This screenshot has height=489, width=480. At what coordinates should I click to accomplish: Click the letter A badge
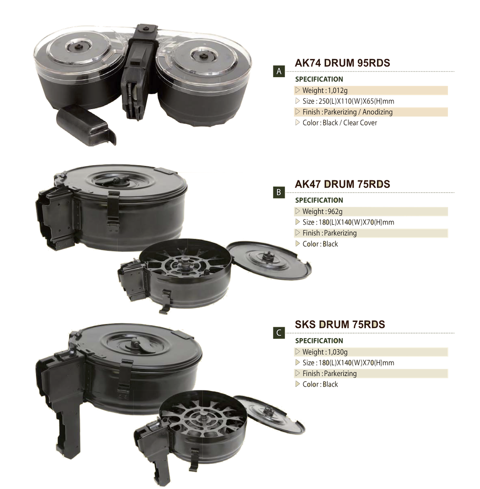click(x=279, y=71)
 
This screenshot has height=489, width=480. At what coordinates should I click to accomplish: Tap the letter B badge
click(x=279, y=192)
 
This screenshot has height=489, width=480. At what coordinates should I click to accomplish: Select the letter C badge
click(x=279, y=333)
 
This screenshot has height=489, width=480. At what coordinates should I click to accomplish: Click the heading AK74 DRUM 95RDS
click(x=342, y=63)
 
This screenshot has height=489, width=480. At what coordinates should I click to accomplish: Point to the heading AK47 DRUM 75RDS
click(x=342, y=184)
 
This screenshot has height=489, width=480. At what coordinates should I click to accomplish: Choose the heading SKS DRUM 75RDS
click(x=340, y=324)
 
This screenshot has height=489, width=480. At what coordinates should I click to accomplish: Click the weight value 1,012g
click(x=338, y=90)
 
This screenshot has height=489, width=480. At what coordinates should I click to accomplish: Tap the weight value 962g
click(x=335, y=211)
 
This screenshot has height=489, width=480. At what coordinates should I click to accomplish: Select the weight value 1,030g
click(x=338, y=352)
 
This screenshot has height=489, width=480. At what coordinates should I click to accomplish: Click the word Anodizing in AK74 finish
click(x=378, y=112)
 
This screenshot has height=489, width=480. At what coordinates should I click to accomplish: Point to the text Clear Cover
click(x=360, y=123)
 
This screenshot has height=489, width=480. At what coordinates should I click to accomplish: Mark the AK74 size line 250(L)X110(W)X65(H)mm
click(x=356, y=101)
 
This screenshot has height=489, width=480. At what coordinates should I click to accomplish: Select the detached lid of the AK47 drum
click(x=269, y=261)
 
